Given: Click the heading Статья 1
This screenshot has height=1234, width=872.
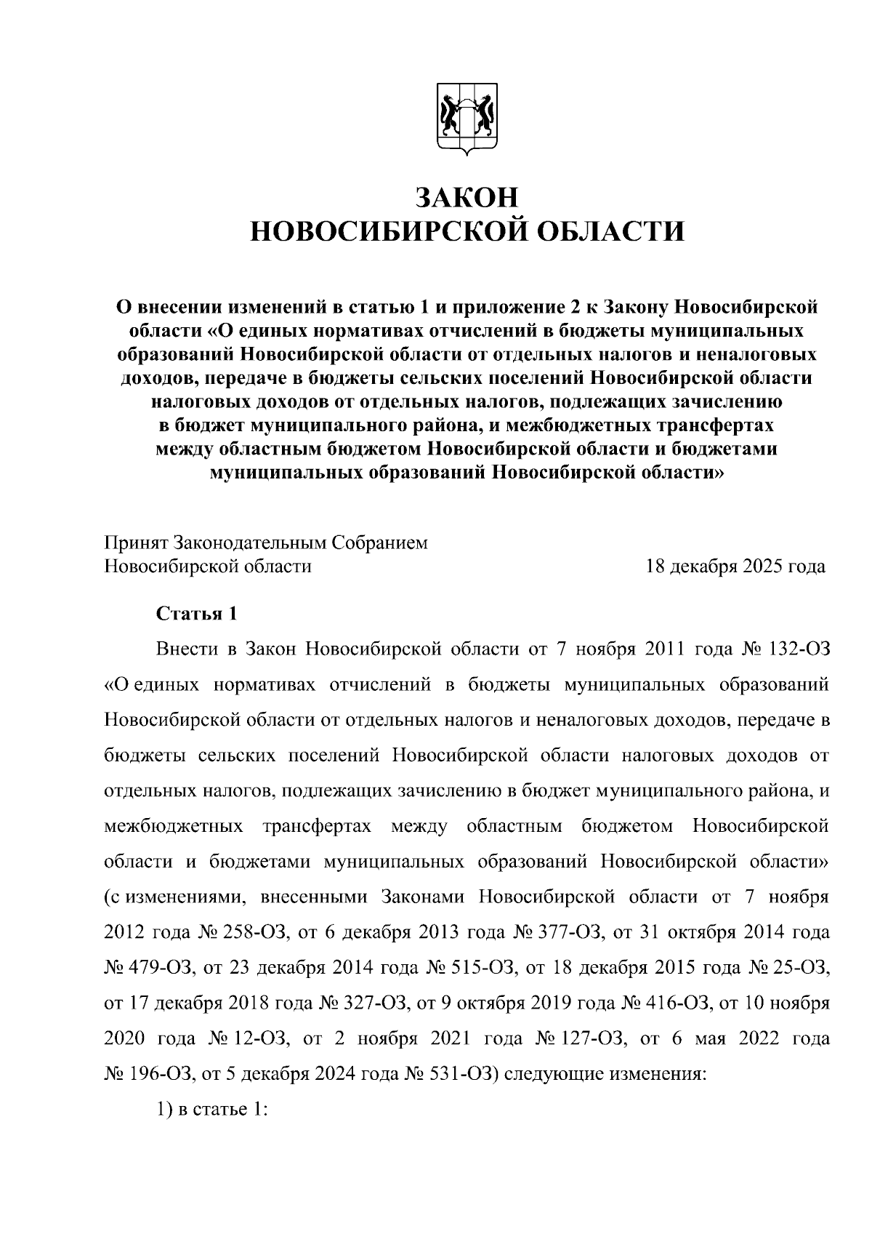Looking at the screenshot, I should pos(197,613).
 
